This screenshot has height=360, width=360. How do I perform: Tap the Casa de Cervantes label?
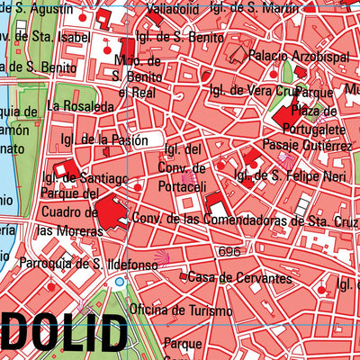pos(239,277)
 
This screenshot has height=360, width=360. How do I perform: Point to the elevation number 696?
pos(229,252)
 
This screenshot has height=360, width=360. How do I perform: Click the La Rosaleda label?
pos(82,106)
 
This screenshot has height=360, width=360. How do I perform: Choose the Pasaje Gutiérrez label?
pos(307,145)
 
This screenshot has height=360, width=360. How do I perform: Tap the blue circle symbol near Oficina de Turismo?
pos(120,282)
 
